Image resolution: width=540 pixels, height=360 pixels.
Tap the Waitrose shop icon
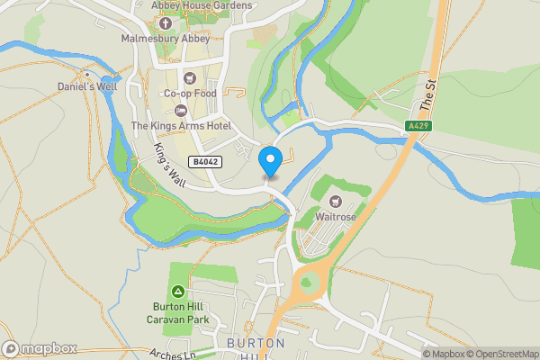coord(337,201)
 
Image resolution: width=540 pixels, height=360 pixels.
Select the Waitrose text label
coord(337,217)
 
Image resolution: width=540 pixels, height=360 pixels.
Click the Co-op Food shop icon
coord(190,77)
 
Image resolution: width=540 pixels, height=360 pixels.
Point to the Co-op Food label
coord(190,94)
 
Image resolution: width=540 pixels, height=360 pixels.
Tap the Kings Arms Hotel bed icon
coord(180,110)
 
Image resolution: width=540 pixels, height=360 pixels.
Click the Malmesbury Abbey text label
coord(166,40)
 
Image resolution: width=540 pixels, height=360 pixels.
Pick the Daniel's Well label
coord(87,85)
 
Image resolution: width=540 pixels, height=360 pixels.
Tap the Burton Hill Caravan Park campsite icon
coord(178,291)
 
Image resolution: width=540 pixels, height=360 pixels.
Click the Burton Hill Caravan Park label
coord(178,311)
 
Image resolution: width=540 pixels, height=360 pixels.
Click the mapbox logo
coord(40,348)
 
